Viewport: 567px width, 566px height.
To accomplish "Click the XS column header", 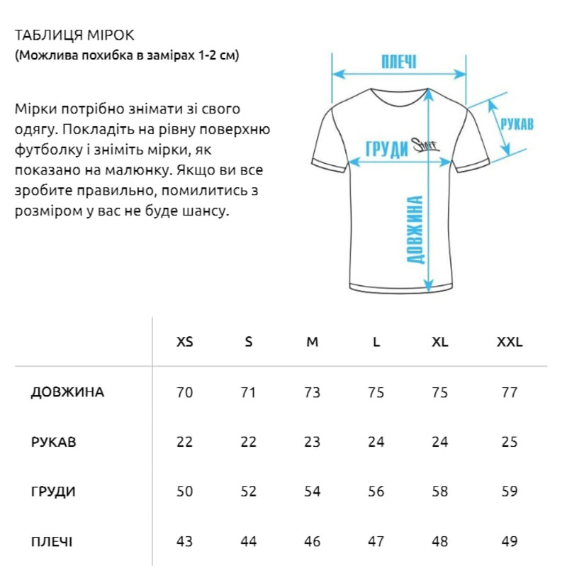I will tap(184, 342).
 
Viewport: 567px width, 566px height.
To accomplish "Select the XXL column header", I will tap(510, 342).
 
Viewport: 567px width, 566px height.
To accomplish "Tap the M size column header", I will tap(313, 342).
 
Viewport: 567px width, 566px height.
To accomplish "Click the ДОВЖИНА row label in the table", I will tap(68, 392).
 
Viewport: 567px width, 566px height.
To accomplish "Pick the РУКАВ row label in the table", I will tap(54, 442).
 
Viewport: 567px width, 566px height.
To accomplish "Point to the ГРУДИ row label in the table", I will tap(54, 492).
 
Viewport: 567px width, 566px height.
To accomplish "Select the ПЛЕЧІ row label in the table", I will tap(52, 542).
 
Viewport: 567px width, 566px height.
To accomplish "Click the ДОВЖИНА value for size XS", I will tap(184, 392).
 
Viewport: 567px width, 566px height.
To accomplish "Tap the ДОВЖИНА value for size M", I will tap(313, 392).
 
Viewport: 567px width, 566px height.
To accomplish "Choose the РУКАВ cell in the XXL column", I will tap(510, 442).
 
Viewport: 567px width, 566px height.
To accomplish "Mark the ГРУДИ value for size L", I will tap(376, 492).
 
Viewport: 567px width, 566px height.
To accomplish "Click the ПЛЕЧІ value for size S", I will tap(248, 542).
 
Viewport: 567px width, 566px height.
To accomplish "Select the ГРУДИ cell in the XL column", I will tap(440, 492).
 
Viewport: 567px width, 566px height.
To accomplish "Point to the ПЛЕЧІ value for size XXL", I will tap(510, 542).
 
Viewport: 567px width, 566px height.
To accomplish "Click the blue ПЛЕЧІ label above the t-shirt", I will tap(399, 60).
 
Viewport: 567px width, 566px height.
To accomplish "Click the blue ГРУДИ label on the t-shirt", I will tap(386, 149).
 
